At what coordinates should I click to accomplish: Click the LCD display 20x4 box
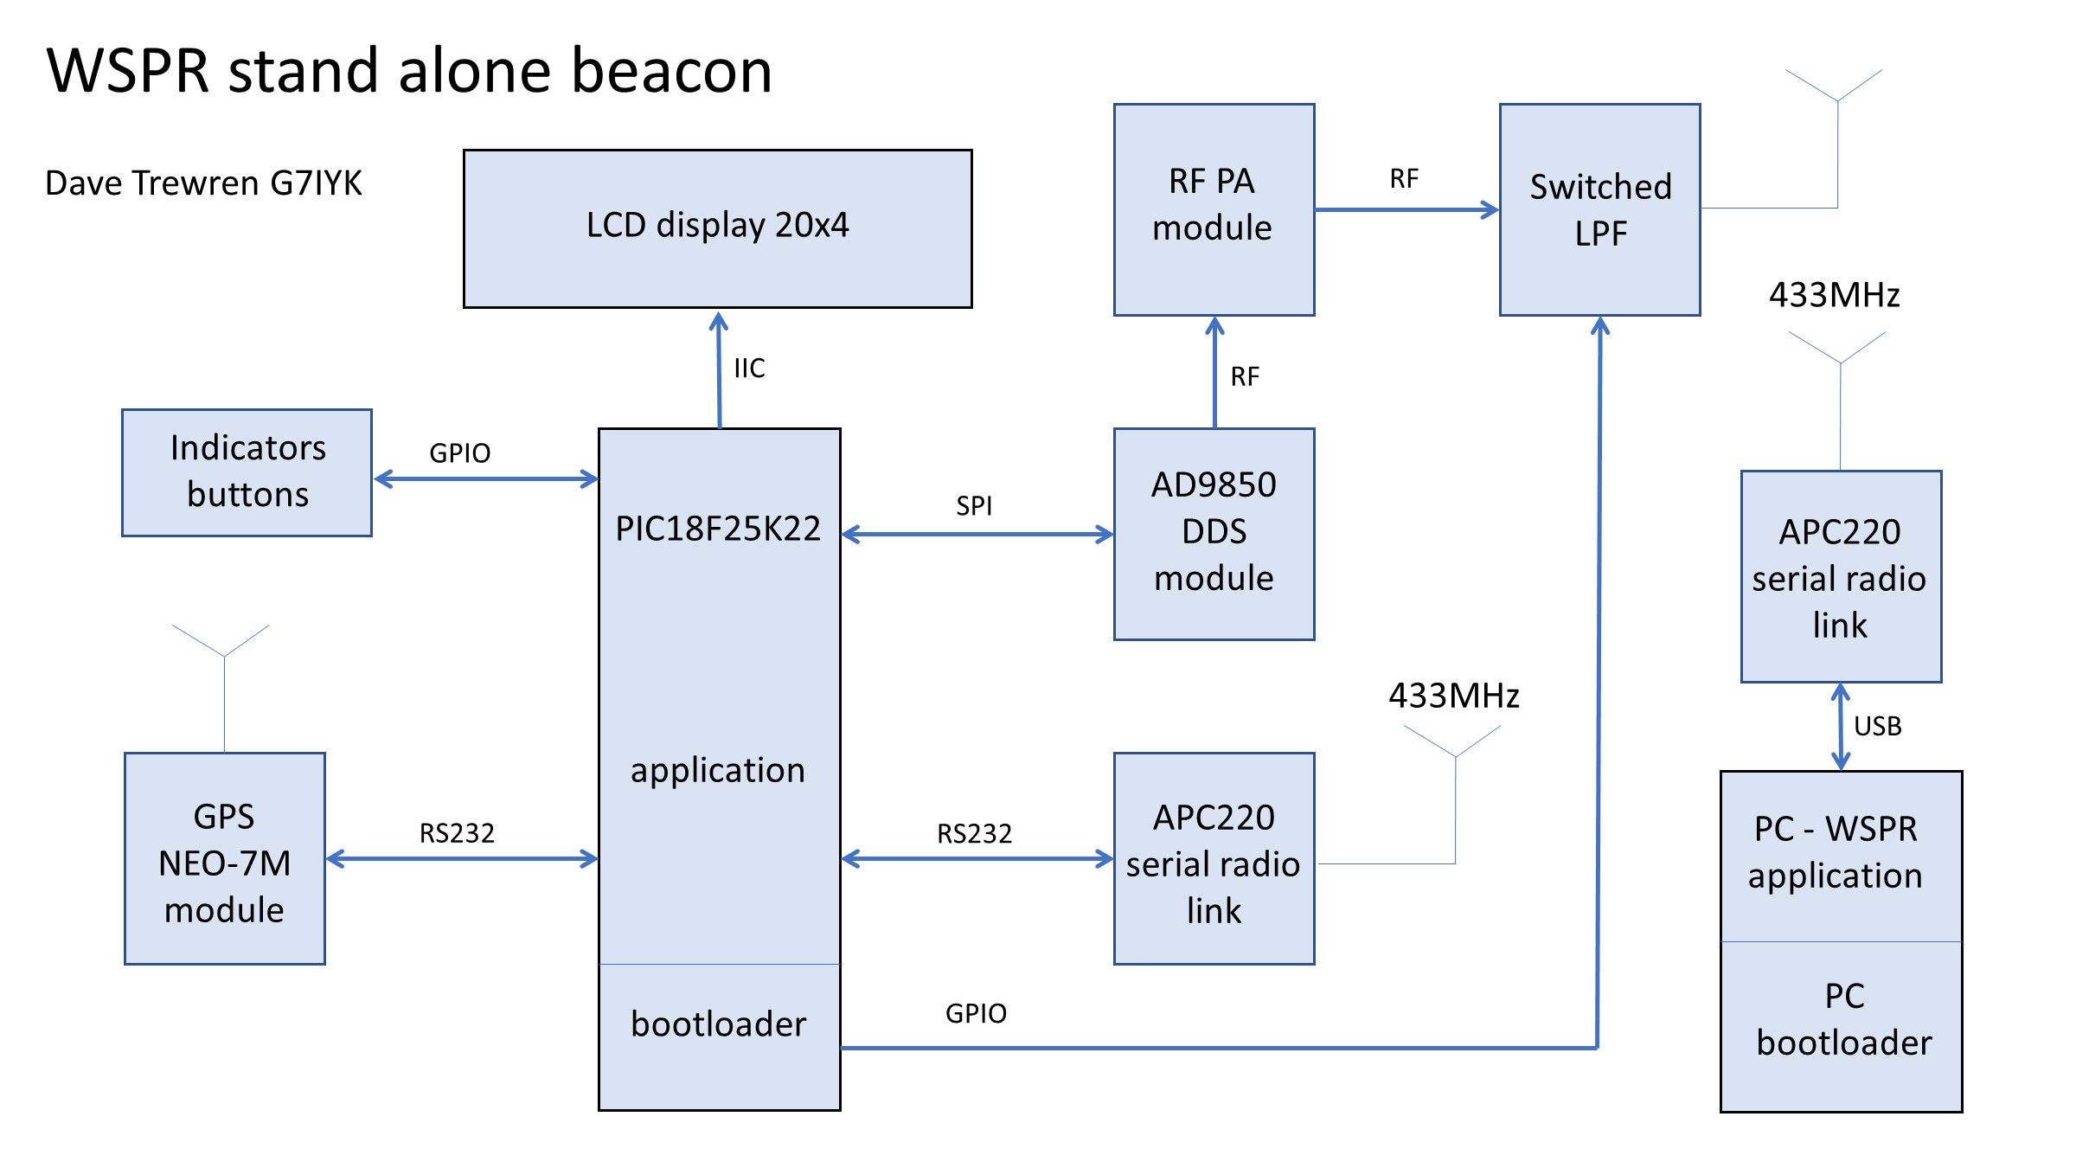[x=717, y=228]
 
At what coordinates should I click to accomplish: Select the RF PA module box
[x=1214, y=209]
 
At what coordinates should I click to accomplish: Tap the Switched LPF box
[x=1599, y=209]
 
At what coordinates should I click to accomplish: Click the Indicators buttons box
[x=247, y=472]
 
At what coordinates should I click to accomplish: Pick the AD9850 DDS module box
[x=1214, y=533]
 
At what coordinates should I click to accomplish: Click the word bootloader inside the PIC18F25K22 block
[x=718, y=1024]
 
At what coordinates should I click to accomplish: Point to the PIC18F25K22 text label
[x=718, y=529]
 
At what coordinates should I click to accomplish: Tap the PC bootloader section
[x=1842, y=1021]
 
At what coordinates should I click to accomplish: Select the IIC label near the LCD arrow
[x=749, y=369]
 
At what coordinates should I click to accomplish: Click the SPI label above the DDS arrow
[x=974, y=506]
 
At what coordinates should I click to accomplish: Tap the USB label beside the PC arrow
[x=1877, y=727]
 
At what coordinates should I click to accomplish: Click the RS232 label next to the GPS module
[x=457, y=833]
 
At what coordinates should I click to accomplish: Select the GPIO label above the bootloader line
[x=976, y=1013]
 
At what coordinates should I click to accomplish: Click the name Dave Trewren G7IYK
[x=203, y=183]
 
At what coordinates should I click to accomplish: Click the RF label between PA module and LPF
[x=1404, y=179]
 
